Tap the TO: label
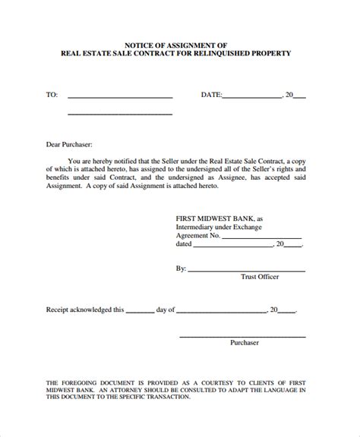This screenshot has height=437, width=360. [52, 96]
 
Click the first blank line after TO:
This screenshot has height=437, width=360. [120, 98]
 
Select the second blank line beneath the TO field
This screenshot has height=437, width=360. [120, 115]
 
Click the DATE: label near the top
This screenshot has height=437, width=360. [211, 96]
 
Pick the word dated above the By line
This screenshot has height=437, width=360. [185, 244]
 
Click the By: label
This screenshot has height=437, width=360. [181, 269]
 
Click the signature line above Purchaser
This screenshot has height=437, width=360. [243, 335]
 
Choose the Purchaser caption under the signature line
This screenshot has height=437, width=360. [244, 343]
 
